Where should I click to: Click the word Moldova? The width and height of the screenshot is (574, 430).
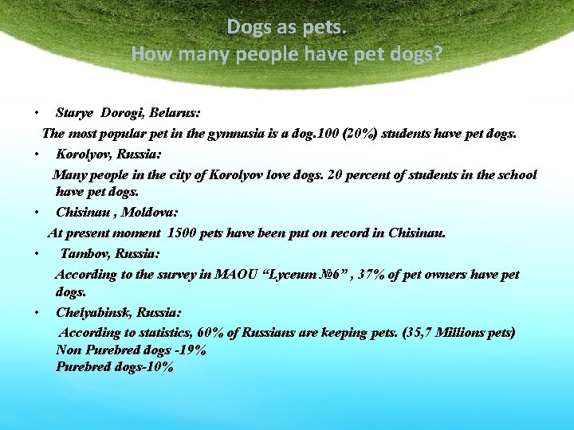[151, 213]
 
